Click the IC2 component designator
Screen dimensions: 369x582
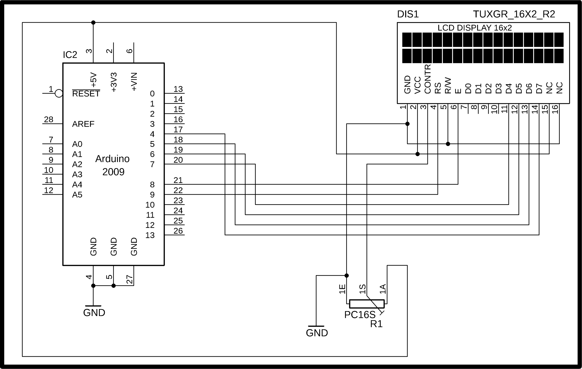tap(70, 55)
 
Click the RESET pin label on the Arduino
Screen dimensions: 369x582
tap(86, 94)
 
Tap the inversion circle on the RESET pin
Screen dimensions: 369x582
tap(59, 93)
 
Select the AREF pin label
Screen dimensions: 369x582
tap(83, 124)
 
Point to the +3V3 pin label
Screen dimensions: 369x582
tap(114, 82)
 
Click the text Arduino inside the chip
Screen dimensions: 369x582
tap(112, 159)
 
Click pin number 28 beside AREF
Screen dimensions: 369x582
tap(48, 119)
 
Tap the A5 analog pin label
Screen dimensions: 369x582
tap(77, 195)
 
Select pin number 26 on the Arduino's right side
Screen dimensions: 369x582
tap(178, 231)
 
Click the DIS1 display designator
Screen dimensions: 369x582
tap(408, 14)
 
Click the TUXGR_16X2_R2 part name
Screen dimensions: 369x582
tap(514, 14)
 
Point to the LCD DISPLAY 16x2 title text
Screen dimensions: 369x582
tap(475, 28)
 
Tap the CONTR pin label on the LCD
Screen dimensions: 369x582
tap(428, 79)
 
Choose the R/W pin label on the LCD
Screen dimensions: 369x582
tap(448, 85)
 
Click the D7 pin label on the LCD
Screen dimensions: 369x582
tap(539, 88)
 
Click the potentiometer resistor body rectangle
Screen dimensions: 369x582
tap(367, 304)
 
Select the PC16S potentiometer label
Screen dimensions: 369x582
tap(360, 315)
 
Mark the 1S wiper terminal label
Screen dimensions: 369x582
tap(362, 289)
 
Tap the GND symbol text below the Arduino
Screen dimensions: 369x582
tap(94, 313)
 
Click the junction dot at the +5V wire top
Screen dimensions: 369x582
tap(93, 23)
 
